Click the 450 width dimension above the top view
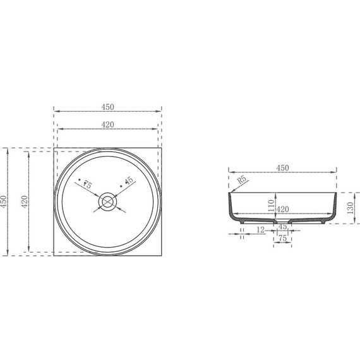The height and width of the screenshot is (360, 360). click(107, 107)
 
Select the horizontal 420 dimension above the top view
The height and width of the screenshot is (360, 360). click(107, 124)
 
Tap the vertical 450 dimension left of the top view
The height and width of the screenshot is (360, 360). click(4, 201)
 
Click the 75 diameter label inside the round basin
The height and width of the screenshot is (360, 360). click(87, 184)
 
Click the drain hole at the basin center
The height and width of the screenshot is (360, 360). click(108, 201)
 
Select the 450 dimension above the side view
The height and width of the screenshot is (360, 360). click(282, 167)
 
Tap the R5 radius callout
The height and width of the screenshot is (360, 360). click(242, 181)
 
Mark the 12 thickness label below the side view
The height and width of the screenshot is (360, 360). click(261, 231)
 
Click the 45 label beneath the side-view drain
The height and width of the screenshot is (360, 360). click(282, 226)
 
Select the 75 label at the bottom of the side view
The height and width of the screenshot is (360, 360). click(282, 238)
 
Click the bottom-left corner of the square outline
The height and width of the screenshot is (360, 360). click(54, 256)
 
